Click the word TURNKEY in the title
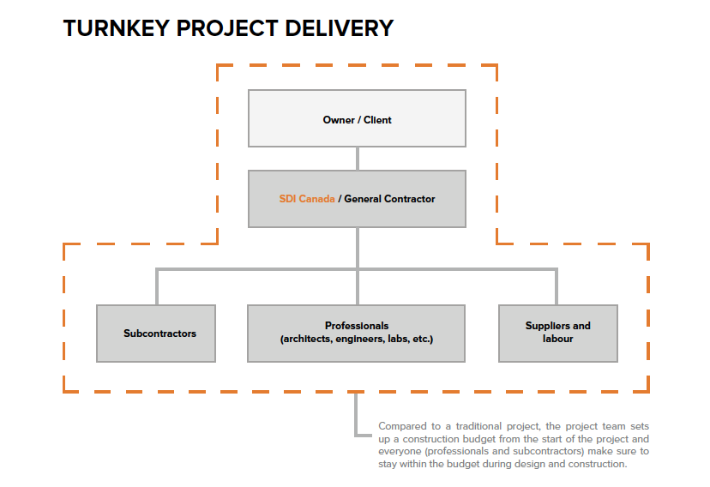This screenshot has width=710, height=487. pos(117,28)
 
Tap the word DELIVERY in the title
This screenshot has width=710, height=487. pos(340,28)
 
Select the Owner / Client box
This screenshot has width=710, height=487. pos(357,118)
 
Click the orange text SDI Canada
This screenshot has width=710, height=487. pos(306,199)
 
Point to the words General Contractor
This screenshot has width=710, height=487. pos(389,199)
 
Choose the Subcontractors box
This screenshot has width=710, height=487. pos(156,334)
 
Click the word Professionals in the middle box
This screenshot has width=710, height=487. pos(357,326)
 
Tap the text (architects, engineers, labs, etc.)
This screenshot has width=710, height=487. pos(357,339)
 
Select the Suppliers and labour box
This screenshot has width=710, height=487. pos(558,334)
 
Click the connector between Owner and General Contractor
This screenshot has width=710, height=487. pos(358,159)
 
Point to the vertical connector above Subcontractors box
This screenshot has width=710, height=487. pos(157,287)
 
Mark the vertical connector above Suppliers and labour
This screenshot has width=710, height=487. pos(556,287)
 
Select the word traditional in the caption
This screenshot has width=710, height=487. pos(478,426)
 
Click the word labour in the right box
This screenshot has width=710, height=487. pos(558,339)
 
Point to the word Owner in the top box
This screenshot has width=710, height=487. pos(339,120)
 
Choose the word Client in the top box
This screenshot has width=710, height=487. pos(377,120)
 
